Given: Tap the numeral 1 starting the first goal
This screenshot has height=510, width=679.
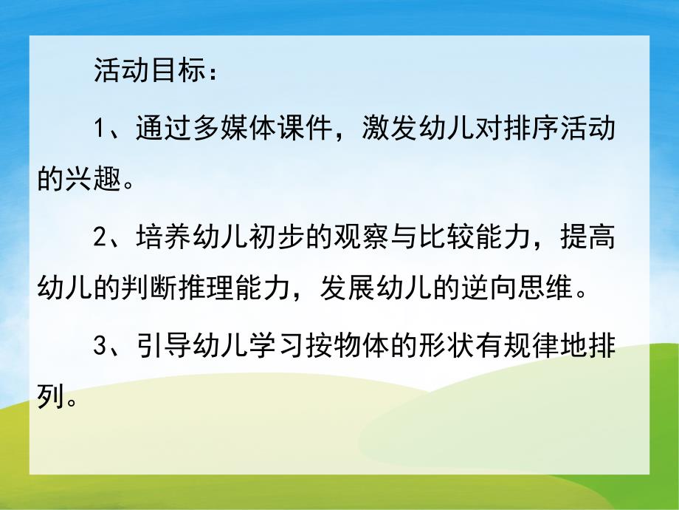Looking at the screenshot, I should coord(102,130).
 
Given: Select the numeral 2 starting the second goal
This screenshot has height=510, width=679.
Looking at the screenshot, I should coord(102,239).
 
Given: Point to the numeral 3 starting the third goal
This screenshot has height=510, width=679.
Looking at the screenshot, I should coord(102,347).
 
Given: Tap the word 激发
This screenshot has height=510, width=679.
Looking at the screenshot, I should coord(390,130).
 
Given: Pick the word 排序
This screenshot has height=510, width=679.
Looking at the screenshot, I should coord(528,130).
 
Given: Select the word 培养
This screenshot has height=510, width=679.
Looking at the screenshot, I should coord(164,239).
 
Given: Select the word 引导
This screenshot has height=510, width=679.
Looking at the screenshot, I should coord(164,347).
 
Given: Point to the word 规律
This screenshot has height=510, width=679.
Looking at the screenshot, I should coord(528,347).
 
